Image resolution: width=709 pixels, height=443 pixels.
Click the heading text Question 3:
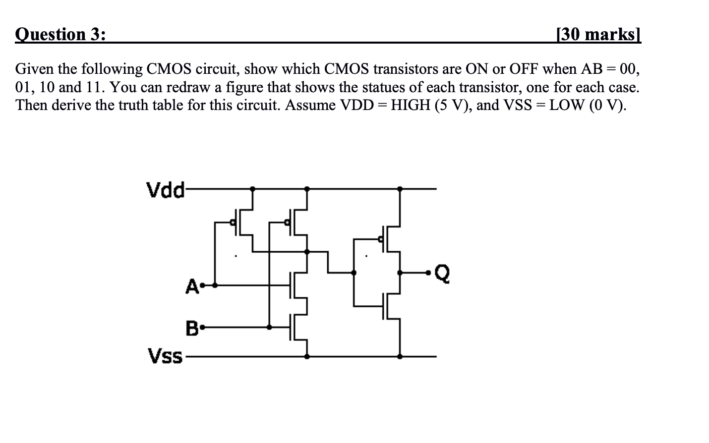coord(60,34)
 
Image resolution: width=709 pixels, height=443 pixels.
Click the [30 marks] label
coord(598,34)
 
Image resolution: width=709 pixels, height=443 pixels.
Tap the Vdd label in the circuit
coord(165,189)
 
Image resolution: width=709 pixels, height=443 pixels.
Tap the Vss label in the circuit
coord(165,356)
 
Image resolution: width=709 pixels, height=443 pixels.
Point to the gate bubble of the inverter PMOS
coord(380,240)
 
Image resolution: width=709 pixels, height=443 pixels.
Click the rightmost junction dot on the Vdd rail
coord(400,189)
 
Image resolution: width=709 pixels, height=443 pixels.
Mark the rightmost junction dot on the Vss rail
coord(400,356)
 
